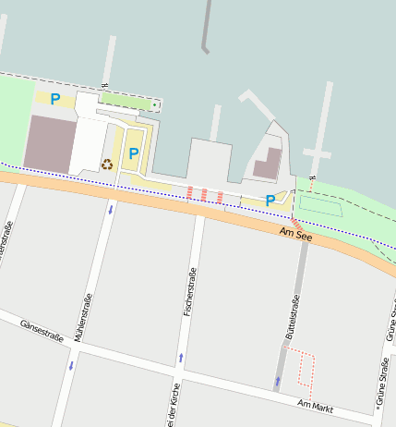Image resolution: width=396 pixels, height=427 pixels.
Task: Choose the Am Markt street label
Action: coord(315,405)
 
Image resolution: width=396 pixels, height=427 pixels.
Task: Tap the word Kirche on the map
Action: coord(173,406)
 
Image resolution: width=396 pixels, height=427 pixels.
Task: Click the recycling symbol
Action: coord(107,165)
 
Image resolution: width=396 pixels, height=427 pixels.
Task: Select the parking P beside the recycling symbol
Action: coord(133,153)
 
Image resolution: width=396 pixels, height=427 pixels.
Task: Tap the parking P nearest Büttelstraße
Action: coord(270,200)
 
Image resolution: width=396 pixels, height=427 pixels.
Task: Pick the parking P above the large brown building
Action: coord(55,98)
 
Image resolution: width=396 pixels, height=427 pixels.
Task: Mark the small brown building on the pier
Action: coord(268,164)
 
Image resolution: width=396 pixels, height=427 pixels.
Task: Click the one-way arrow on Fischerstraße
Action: coord(180,357)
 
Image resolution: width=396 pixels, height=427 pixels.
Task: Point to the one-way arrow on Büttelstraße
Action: coord(277,380)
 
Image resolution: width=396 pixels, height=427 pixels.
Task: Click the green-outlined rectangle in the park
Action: coord(319,206)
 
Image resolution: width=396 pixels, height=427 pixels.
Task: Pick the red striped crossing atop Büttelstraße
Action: coord(297,225)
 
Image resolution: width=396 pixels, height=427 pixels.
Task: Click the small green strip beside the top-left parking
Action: coord(127,99)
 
